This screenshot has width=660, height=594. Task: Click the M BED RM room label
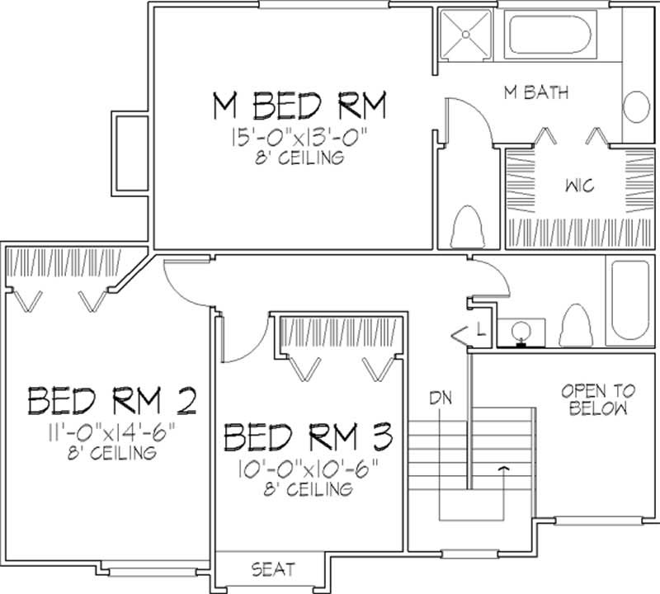(x=299, y=106)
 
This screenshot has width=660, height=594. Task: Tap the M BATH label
(x=536, y=92)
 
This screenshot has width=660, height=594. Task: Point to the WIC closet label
(x=568, y=186)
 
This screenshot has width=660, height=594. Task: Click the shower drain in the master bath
(x=464, y=35)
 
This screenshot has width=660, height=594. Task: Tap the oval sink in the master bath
(x=636, y=107)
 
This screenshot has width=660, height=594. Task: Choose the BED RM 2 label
(x=111, y=401)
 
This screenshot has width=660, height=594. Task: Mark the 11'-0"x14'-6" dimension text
(x=111, y=431)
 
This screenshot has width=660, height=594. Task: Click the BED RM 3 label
(x=309, y=434)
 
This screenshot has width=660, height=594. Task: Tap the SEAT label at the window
(x=273, y=569)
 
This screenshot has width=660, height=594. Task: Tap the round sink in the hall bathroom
(x=521, y=331)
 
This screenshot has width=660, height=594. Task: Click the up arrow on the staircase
(x=502, y=469)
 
